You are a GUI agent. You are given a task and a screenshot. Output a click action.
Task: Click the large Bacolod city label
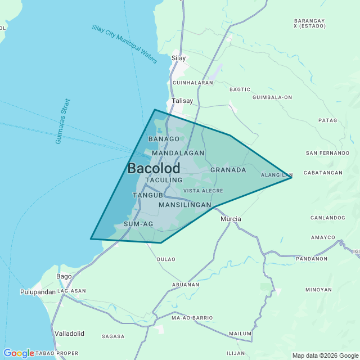point(154,168)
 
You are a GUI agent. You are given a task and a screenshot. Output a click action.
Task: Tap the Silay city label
point(178,58)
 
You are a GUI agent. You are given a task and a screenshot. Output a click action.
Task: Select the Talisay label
point(182,101)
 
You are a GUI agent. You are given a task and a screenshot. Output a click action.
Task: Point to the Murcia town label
point(231,219)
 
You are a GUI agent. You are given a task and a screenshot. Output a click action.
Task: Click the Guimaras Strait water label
point(62,121)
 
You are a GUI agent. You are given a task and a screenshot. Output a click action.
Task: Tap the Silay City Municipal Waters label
point(124,44)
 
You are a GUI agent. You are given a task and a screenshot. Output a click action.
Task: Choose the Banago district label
point(164,139)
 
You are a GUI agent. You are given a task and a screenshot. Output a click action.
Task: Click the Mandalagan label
point(178,153)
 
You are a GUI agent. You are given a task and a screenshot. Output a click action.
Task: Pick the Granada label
point(228,170)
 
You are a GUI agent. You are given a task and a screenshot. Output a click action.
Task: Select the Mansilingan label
point(184,205)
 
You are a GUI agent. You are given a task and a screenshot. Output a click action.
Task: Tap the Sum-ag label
point(138,224)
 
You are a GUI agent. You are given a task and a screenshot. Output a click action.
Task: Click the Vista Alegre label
point(203,191)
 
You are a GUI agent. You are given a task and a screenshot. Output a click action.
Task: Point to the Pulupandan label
point(38,292)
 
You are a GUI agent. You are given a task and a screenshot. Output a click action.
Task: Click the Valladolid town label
point(69,334)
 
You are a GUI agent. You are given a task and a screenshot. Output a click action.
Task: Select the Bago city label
point(64,276)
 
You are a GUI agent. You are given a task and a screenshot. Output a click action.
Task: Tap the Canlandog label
point(327,218)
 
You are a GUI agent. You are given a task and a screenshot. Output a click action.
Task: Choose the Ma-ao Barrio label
point(192,318)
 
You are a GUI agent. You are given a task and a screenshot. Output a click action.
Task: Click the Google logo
point(19,353)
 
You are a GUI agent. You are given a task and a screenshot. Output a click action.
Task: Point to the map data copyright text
point(325,355)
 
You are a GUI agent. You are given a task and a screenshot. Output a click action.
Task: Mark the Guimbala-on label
point(272,97)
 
